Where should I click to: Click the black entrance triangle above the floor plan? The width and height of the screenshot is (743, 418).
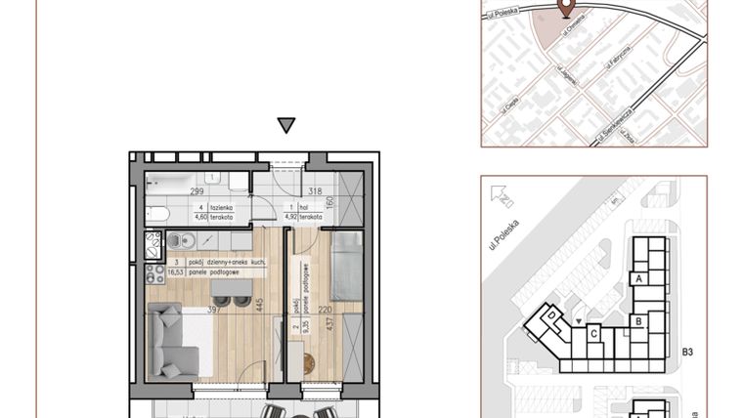pyautogui.click(x=285, y=125)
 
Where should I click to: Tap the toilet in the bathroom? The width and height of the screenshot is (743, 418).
pyautogui.click(x=159, y=214)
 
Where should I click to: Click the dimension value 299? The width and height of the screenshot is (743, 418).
pyautogui.click(x=197, y=191)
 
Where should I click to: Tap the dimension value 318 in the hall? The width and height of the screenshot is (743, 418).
pyautogui.click(x=314, y=191)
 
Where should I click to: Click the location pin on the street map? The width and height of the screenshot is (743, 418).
pyautogui.click(x=565, y=8)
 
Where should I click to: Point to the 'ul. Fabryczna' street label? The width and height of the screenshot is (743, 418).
pyautogui.click(x=614, y=66)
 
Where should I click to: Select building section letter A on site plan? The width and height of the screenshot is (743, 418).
pyautogui.click(x=638, y=279)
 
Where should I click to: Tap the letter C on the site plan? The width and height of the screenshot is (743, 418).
pyautogui.click(x=592, y=333)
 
